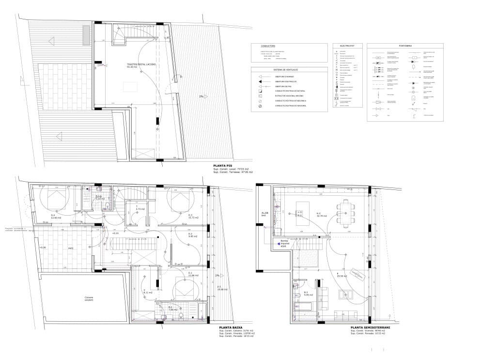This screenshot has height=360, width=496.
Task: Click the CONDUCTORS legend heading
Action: coord(268,45)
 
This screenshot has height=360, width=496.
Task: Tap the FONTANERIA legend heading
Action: coord(405,45)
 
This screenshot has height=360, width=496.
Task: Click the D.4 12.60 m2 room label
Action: coord(56,216)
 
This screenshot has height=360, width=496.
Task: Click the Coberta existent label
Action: coord(88,298)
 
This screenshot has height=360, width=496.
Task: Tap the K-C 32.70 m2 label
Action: coord(322,215)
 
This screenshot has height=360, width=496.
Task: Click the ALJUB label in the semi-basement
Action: coord(264,214)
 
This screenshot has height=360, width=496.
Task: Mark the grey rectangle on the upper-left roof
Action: coord(85,33)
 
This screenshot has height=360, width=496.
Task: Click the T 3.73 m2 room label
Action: coord(138,207)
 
